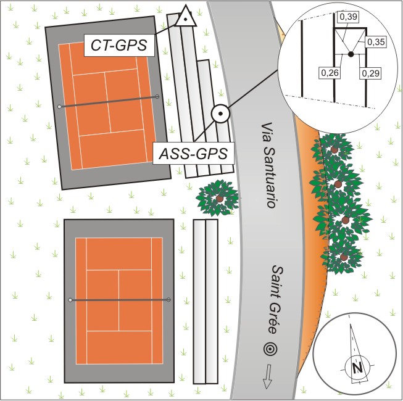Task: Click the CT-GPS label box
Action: [119, 45]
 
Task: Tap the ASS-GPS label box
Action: [193, 153]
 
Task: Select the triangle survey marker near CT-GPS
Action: [186, 17]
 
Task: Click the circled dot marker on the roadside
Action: [220, 114]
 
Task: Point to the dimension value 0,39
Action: [348, 17]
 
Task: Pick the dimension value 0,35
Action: [376, 42]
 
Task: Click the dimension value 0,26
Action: [330, 73]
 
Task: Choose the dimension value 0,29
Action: [370, 73]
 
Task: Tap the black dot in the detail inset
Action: [351, 54]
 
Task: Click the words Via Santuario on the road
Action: [268, 165]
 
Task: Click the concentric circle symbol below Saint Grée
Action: [270, 349]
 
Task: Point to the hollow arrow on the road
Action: [268, 376]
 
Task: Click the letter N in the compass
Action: [357, 368]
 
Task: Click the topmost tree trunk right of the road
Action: [334, 149]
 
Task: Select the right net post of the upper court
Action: [157, 97]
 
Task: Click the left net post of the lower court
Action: [70, 300]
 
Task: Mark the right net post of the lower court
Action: [168, 300]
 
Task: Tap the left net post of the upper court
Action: [59, 107]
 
